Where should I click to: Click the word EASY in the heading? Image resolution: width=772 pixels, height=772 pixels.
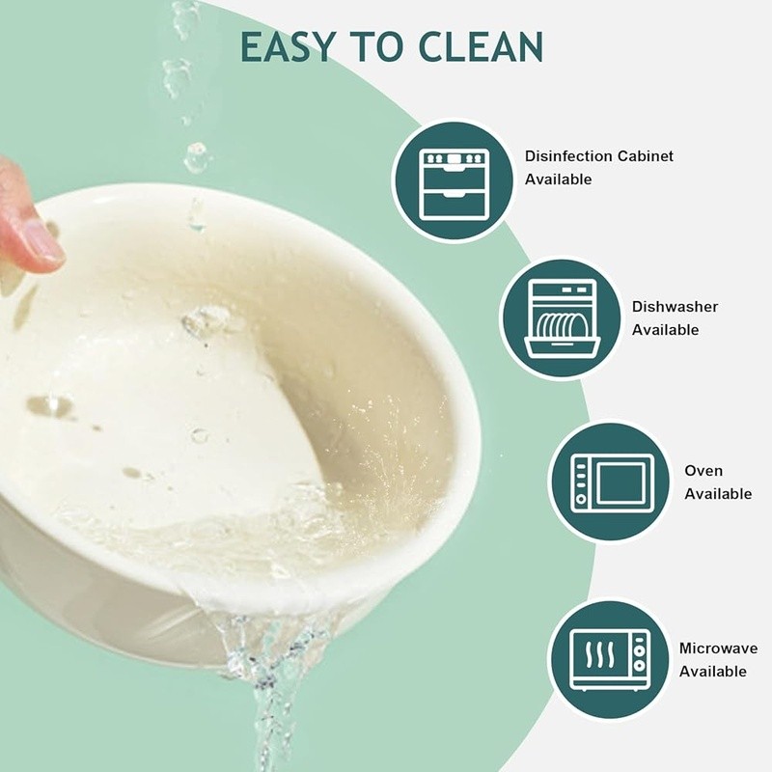288,46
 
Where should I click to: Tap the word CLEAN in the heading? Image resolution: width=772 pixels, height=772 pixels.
481,46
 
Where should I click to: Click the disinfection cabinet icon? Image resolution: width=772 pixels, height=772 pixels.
454,182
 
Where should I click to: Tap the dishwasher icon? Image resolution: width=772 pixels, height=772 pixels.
562,318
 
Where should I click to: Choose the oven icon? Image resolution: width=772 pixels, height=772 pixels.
612,482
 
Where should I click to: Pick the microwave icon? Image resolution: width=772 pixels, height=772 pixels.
610,660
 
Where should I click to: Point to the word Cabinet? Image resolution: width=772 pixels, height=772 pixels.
645,156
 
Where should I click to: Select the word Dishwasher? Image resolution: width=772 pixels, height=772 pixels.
675,307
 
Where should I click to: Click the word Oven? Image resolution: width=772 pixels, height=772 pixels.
703,471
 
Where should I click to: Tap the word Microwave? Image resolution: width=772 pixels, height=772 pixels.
718,648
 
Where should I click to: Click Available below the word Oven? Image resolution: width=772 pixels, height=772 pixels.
718,494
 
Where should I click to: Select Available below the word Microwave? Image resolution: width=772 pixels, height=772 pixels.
713,671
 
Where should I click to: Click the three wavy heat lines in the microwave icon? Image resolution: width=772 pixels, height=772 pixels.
599,653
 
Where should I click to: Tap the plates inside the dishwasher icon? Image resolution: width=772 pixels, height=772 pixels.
562,324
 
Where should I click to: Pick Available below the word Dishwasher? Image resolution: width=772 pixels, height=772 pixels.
665,329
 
